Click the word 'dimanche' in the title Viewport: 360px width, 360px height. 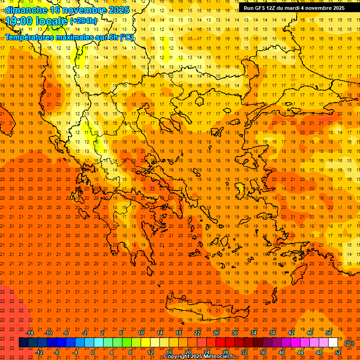point(24,10)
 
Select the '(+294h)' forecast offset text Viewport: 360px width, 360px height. point(83,21)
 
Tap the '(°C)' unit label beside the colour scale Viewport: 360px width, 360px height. point(349,343)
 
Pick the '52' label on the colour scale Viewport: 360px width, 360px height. point(338,352)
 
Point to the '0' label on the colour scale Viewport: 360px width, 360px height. point(93,352)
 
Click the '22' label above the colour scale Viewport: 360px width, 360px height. point(197,333)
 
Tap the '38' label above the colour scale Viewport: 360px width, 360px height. point(272,333)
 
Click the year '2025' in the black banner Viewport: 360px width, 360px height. point(336,8)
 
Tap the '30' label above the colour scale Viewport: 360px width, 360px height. point(235,333)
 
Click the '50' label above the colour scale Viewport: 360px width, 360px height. point(329,333)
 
